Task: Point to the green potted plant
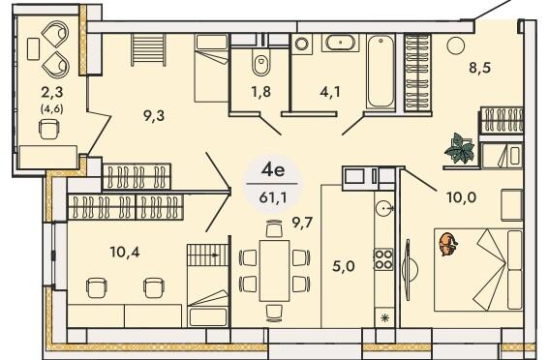(459, 148)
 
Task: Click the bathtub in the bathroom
(378, 73)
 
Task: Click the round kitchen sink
(385, 206)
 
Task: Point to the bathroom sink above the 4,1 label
(339, 44)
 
